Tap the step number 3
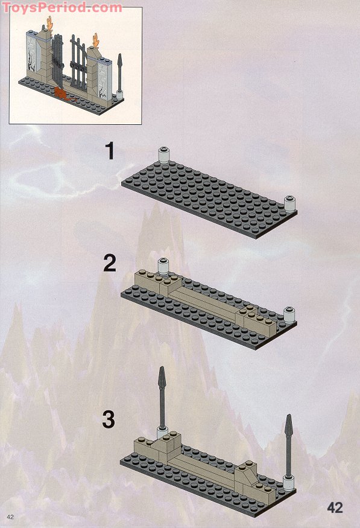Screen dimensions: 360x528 coord(109,419)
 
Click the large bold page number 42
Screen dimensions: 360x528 coord(335,507)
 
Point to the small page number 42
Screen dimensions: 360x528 coord(10,517)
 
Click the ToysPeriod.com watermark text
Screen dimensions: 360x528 coord(62,7)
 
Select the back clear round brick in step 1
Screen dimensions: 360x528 coord(163,155)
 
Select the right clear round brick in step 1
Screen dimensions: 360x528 coord(289,203)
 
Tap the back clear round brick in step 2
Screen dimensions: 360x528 coord(163,266)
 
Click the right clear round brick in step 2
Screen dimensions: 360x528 coord(289,315)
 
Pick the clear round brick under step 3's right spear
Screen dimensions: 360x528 coord(289,483)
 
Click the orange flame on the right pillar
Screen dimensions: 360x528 coord(96,40)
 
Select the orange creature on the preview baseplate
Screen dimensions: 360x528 coord(62,93)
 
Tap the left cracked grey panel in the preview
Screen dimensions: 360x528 coord(33,55)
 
